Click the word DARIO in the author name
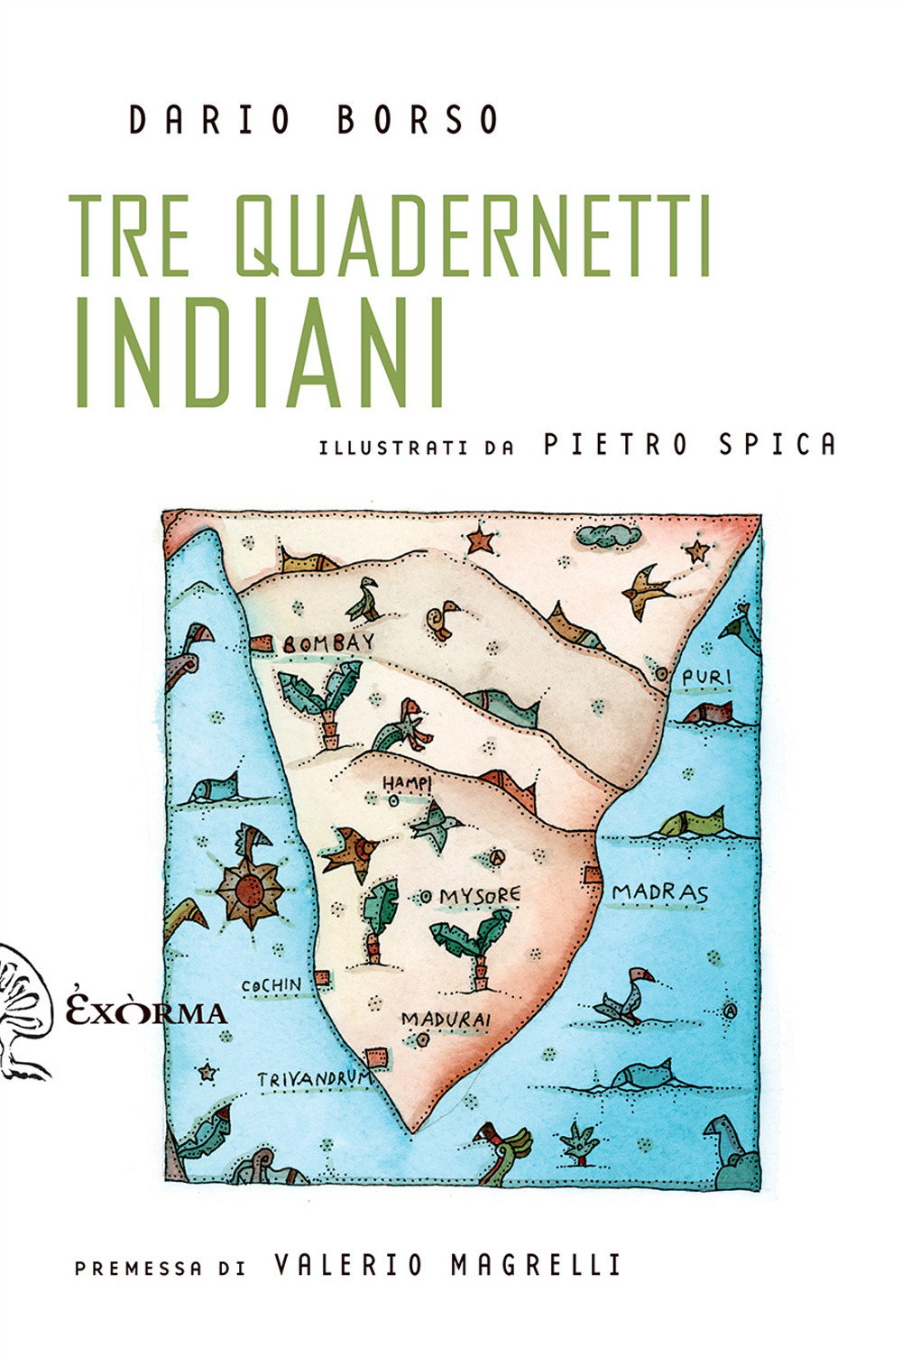(x=208, y=121)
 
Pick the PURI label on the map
(x=705, y=677)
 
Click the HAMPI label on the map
(x=406, y=781)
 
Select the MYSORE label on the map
(x=480, y=896)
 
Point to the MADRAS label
(x=660, y=893)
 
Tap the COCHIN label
(x=272, y=984)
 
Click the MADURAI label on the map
(x=446, y=1020)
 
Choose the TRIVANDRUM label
(x=314, y=1078)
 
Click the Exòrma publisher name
(x=147, y=1011)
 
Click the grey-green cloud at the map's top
(x=607, y=536)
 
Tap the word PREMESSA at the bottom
(x=138, y=1268)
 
